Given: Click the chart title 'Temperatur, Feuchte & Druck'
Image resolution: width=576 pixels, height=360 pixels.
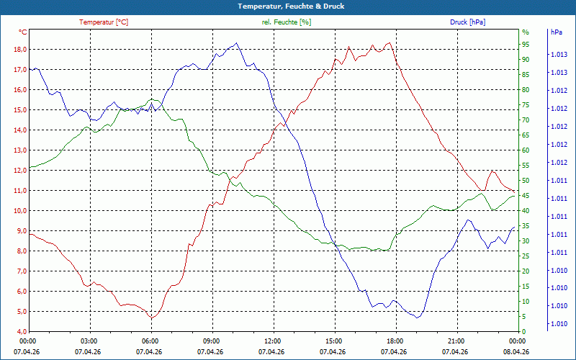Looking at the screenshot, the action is click(291, 6).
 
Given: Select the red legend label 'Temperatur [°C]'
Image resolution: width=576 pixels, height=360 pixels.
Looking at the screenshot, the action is click(104, 22).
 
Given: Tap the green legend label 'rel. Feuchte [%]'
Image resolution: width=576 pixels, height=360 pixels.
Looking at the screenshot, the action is click(286, 22).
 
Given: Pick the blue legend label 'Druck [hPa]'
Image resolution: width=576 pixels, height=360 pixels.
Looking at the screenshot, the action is click(467, 22).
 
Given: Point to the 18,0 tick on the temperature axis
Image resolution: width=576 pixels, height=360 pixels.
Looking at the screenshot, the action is click(20, 50).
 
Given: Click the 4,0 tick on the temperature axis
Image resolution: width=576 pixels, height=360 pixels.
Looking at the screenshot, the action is click(20, 332).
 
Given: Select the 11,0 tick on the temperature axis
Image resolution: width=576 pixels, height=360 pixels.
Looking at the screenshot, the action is click(20, 191).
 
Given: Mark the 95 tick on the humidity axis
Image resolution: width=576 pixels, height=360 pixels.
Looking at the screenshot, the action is click(526, 45).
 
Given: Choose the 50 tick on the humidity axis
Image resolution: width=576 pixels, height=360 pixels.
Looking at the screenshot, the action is click(526, 181).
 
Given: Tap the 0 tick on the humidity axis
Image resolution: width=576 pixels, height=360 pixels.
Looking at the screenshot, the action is click(524, 332).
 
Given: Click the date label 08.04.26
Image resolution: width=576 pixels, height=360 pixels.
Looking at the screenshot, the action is click(516, 352).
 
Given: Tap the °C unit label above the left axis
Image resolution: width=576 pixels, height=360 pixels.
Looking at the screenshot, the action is click(23, 32).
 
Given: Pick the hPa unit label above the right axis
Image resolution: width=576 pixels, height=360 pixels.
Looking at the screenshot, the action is click(557, 32).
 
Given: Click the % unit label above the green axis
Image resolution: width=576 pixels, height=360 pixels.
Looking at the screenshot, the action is click(526, 32).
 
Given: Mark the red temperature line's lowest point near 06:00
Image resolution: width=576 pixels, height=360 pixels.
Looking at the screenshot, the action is click(152, 318).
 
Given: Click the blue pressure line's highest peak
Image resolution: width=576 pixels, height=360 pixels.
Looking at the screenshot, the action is click(236, 42).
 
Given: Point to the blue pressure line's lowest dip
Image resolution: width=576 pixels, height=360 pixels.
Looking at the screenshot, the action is click(417, 318).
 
